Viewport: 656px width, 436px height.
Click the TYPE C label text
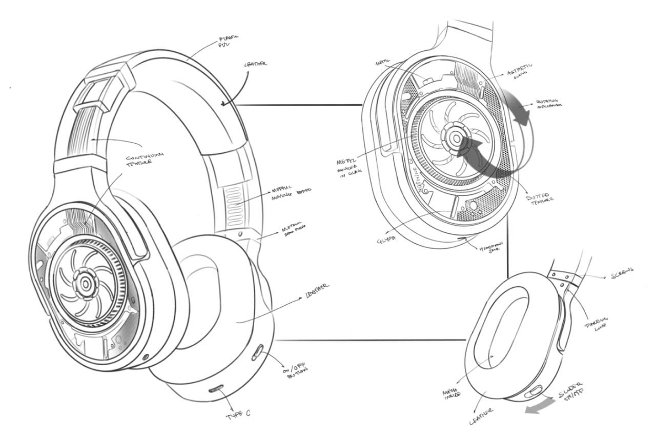(x=238, y=414)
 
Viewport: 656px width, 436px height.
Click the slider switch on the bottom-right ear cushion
(x=532, y=392)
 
